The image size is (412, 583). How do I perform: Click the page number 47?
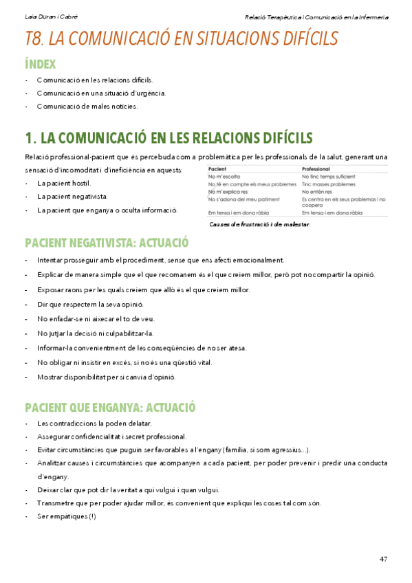point(383,559)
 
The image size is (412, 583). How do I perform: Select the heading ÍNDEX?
point(40,64)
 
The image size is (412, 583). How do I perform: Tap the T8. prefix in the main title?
point(34,39)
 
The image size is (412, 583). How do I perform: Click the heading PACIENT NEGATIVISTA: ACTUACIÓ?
point(107,243)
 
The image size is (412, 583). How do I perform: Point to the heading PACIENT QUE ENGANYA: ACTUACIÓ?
point(110,406)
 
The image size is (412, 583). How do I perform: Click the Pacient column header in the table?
point(217,169)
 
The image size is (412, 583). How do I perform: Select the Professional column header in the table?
point(316,169)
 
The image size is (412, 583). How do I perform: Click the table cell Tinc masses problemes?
point(329,184)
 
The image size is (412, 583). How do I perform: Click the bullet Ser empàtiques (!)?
point(67,516)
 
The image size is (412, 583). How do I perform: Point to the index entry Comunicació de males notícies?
point(87,106)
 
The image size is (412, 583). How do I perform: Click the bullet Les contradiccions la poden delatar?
point(94,423)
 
